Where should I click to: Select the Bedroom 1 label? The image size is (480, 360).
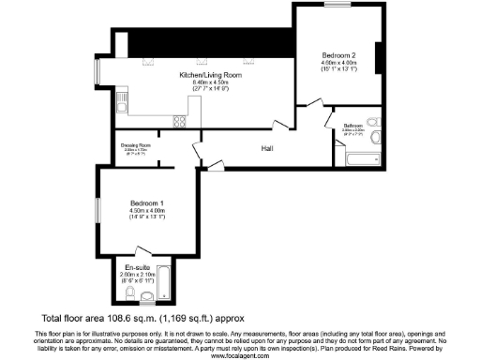tap(147, 203)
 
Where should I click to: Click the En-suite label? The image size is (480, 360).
tap(125, 267)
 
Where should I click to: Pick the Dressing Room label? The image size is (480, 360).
tap(136, 145)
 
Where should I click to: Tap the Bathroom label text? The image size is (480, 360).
tap(352, 126)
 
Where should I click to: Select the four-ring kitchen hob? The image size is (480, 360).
tap(179, 121)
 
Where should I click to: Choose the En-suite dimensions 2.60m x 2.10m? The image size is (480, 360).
tap(125, 275)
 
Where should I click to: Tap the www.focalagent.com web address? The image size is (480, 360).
tap(239, 355)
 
